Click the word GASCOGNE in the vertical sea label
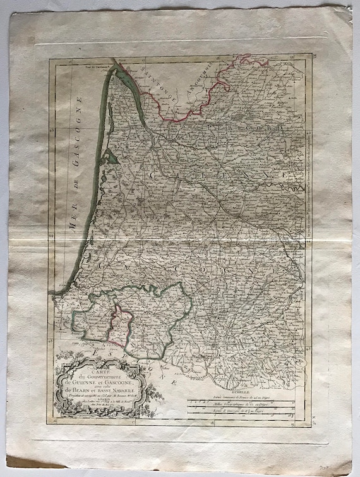click(80, 124)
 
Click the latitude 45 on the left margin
click(56, 131)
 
